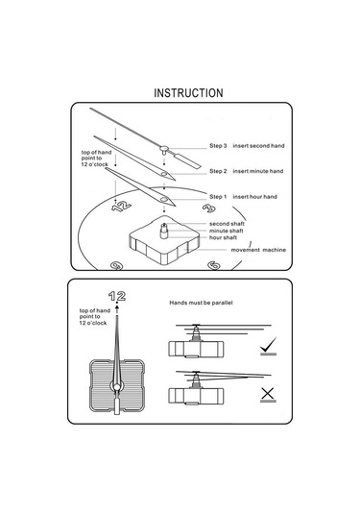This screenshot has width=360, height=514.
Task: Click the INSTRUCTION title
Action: click(188, 93)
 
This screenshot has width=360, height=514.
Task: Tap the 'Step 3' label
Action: click(218, 145)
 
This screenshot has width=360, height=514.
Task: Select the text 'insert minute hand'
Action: click(258, 171)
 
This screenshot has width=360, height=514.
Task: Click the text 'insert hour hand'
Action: click(254, 196)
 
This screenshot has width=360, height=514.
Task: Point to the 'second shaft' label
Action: click(227, 224)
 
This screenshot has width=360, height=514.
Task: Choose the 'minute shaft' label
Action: click(226, 231)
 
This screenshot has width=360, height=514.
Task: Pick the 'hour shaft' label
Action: click(223, 237)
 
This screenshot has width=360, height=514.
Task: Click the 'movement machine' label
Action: click(258, 250)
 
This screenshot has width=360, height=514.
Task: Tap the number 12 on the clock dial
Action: click(121, 206)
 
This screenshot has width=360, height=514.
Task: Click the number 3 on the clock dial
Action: click(208, 208)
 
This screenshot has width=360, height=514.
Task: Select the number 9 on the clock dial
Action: click(116, 265)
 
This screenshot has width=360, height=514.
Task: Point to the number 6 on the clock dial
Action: click(214, 265)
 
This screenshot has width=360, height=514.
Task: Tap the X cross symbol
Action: click(268, 393)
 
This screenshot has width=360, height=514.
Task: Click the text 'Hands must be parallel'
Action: click(201, 303)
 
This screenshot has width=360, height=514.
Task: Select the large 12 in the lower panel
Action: click(117, 296)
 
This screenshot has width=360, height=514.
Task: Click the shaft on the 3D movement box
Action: click(164, 231)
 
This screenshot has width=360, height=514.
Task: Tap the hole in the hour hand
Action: click(164, 199)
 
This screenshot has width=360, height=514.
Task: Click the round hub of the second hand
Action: click(164, 149)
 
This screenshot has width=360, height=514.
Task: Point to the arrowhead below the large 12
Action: click(117, 309)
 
